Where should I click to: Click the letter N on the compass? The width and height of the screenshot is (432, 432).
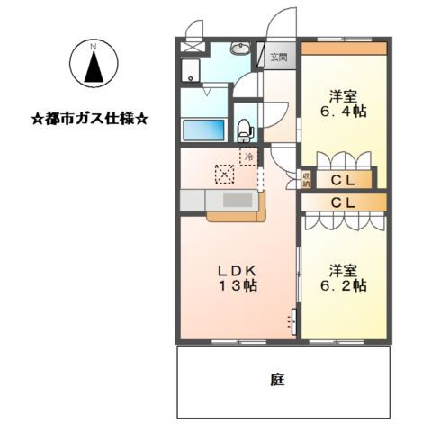94,47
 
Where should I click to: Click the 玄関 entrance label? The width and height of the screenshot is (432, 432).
279,57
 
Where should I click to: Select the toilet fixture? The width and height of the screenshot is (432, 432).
245,130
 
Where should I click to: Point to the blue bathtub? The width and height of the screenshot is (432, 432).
204,130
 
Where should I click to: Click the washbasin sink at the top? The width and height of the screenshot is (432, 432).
240,48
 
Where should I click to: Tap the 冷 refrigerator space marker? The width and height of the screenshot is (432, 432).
248,157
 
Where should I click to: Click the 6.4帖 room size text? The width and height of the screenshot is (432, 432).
343,112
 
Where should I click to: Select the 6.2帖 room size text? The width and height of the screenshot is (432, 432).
343,285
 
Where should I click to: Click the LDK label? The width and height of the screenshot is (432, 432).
237,271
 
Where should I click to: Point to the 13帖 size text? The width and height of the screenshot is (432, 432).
238,285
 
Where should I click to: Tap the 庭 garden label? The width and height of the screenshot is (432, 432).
278,380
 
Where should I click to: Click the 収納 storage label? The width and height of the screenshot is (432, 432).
306,180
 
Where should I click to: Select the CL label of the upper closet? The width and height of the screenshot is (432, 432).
343,181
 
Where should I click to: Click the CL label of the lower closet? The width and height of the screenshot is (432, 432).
343,203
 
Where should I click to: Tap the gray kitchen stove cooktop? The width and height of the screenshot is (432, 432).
238,200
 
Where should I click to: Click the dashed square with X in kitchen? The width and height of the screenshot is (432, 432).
225,174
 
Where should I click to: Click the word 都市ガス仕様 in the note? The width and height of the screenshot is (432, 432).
89,120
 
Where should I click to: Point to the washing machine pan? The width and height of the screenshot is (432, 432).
191,70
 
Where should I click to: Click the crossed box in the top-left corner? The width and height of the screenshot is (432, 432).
192,48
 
